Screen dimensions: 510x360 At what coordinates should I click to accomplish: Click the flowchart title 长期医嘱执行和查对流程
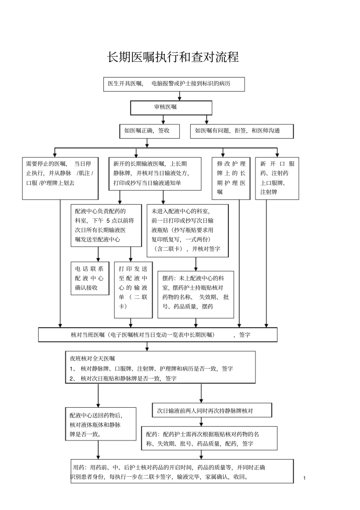173,57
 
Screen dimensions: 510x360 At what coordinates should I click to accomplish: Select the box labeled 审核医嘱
171,107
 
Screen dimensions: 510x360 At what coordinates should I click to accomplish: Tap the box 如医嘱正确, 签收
147,131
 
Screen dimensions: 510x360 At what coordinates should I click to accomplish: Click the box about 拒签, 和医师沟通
241,131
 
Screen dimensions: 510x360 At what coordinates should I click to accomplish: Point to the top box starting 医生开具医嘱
174,84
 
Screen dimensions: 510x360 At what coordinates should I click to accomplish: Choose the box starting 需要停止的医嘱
60,178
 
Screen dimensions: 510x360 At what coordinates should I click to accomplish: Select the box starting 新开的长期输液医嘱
155,174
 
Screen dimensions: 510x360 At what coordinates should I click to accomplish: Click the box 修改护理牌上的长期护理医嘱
231,178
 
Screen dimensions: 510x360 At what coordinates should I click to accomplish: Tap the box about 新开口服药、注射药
277,178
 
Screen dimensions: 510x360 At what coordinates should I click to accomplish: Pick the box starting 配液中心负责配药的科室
106,225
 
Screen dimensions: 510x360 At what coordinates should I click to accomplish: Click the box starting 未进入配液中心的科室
187,230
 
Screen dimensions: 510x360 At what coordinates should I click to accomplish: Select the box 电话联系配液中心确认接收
89,278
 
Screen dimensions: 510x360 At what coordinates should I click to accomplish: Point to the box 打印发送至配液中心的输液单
133,289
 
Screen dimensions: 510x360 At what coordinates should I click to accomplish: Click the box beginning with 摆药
196,294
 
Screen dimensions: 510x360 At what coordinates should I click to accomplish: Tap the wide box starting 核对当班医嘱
157,335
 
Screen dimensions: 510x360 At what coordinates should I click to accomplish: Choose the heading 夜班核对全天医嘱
92,358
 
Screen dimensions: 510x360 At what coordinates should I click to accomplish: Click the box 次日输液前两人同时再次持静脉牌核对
212,410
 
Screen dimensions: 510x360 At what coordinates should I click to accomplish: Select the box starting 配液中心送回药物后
100,424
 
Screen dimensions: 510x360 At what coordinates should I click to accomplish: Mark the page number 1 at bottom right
304,478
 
